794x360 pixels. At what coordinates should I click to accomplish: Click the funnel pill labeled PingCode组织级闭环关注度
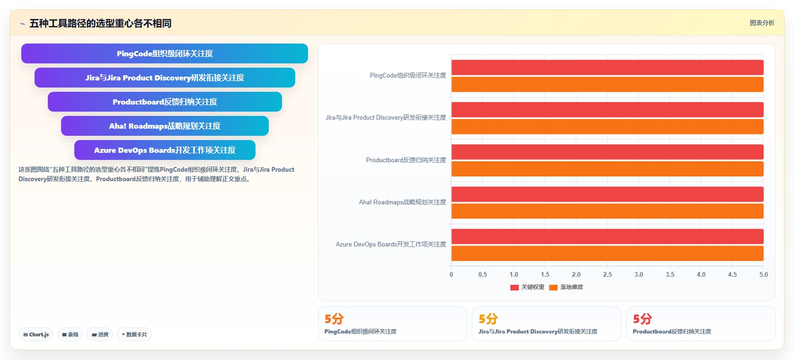165,53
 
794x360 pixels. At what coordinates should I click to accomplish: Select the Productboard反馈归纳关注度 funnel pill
165,102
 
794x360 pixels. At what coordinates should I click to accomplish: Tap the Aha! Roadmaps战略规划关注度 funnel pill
165,126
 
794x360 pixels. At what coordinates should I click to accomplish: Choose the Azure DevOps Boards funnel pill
165,150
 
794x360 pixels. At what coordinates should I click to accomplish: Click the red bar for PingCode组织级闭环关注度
607,67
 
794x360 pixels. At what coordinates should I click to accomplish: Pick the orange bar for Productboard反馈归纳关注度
607,169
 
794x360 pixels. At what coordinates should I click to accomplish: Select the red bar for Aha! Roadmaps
607,194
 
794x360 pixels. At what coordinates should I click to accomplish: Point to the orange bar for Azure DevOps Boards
607,254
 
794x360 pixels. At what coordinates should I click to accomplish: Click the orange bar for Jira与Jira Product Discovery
607,126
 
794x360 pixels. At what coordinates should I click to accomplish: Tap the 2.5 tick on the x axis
607,274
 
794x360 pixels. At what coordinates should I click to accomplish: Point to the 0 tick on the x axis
451,274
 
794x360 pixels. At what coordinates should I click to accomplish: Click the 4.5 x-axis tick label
732,274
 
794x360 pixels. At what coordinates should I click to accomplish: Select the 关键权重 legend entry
527,287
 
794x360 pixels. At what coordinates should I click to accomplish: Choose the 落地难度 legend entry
566,287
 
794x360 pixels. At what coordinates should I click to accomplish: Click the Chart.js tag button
36,334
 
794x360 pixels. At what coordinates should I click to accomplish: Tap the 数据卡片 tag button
134,334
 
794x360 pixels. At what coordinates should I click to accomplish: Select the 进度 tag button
99,334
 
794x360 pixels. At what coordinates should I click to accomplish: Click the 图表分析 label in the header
762,23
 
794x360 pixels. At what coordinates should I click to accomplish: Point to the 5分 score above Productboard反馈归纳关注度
642,319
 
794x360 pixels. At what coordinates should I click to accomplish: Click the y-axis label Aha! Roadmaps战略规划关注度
402,202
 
